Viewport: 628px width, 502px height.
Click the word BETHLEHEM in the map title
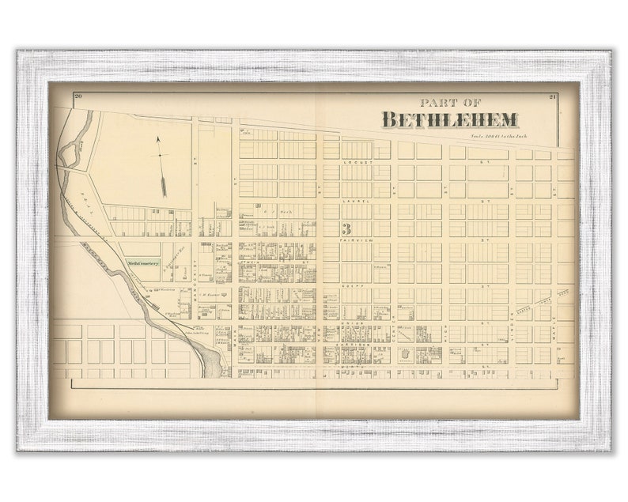(x=449, y=119)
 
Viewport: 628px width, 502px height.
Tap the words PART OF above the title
(x=450, y=102)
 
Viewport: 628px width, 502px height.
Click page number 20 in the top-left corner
(x=78, y=96)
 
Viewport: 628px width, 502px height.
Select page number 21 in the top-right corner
(x=551, y=96)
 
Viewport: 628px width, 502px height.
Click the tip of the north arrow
(x=157, y=138)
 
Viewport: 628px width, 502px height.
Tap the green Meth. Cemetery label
(x=143, y=263)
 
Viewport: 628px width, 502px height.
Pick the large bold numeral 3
(x=346, y=229)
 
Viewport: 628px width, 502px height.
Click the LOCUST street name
(x=356, y=161)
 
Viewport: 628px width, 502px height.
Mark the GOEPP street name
(x=352, y=284)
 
